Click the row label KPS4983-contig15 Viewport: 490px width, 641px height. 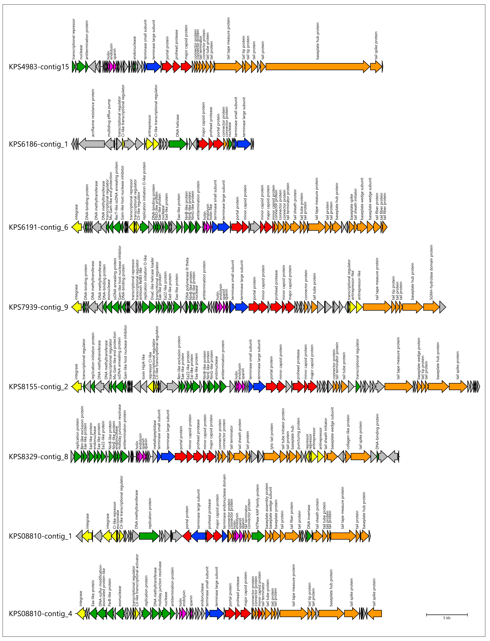click(39, 67)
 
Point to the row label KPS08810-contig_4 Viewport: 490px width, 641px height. click(40, 614)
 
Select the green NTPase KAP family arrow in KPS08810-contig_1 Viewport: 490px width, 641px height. click(258, 536)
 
